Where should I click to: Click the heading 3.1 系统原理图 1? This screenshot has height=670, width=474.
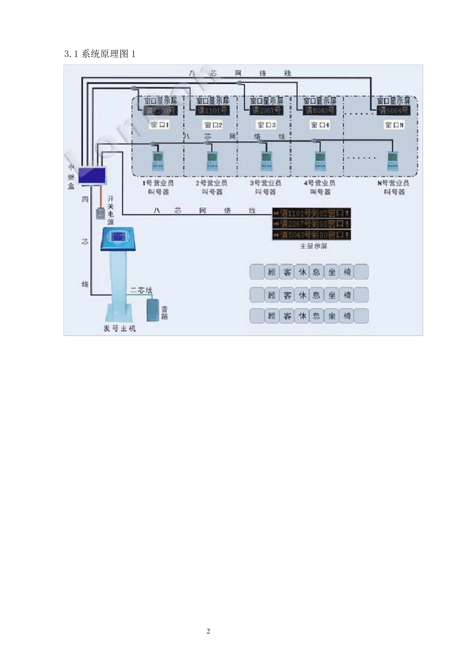pyautogui.click(x=100, y=54)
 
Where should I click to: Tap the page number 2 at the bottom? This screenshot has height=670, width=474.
pyautogui.click(x=208, y=631)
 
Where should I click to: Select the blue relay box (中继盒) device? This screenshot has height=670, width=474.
pyautogui.click(x=92, y=175)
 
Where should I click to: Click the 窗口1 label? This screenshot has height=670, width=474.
pyautogui.click(x=160, y=125)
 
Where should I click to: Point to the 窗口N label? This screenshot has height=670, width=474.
pyautogui.click(x=394, y=125)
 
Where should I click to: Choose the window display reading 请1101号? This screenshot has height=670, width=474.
pyautogui.click(x=213, y=111)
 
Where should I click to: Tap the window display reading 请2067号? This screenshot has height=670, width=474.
pyautogui.click(x=266, y=111)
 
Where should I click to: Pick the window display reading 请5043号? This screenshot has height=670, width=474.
pyautogui.click(x=320, y=111)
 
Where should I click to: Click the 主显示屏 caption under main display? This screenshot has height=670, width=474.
pyautogui.click(x=313, y=246)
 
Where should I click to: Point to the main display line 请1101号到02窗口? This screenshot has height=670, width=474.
pyautogui.click(x=311, y=213)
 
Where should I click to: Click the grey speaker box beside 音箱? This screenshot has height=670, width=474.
pyautogui.click(x=152, y=310)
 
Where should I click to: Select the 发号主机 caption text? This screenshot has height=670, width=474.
pyautogui.click(x=119, y=329)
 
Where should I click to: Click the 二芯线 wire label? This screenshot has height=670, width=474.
pyautogui.click(x=141, y=290)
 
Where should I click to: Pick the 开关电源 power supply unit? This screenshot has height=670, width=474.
pyautogui.click(x=100, y=213)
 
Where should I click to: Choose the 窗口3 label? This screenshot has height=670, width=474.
pyautogui.click(x=266, y=125)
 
